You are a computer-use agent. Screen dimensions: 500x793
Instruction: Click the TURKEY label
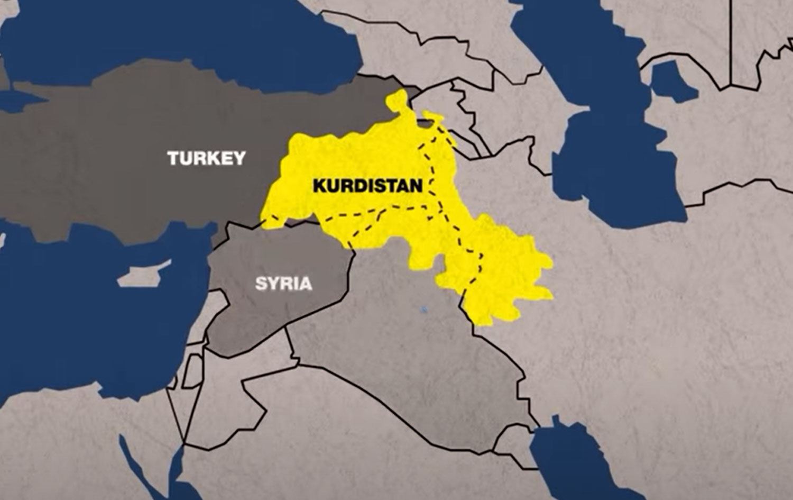(206, 158)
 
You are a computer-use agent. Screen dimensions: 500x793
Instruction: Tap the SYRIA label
(284, 283)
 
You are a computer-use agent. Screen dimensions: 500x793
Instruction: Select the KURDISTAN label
(367, 185)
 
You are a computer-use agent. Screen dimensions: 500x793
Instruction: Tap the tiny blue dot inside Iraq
(423, 308)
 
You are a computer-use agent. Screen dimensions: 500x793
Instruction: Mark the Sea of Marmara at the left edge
(16, 98)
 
